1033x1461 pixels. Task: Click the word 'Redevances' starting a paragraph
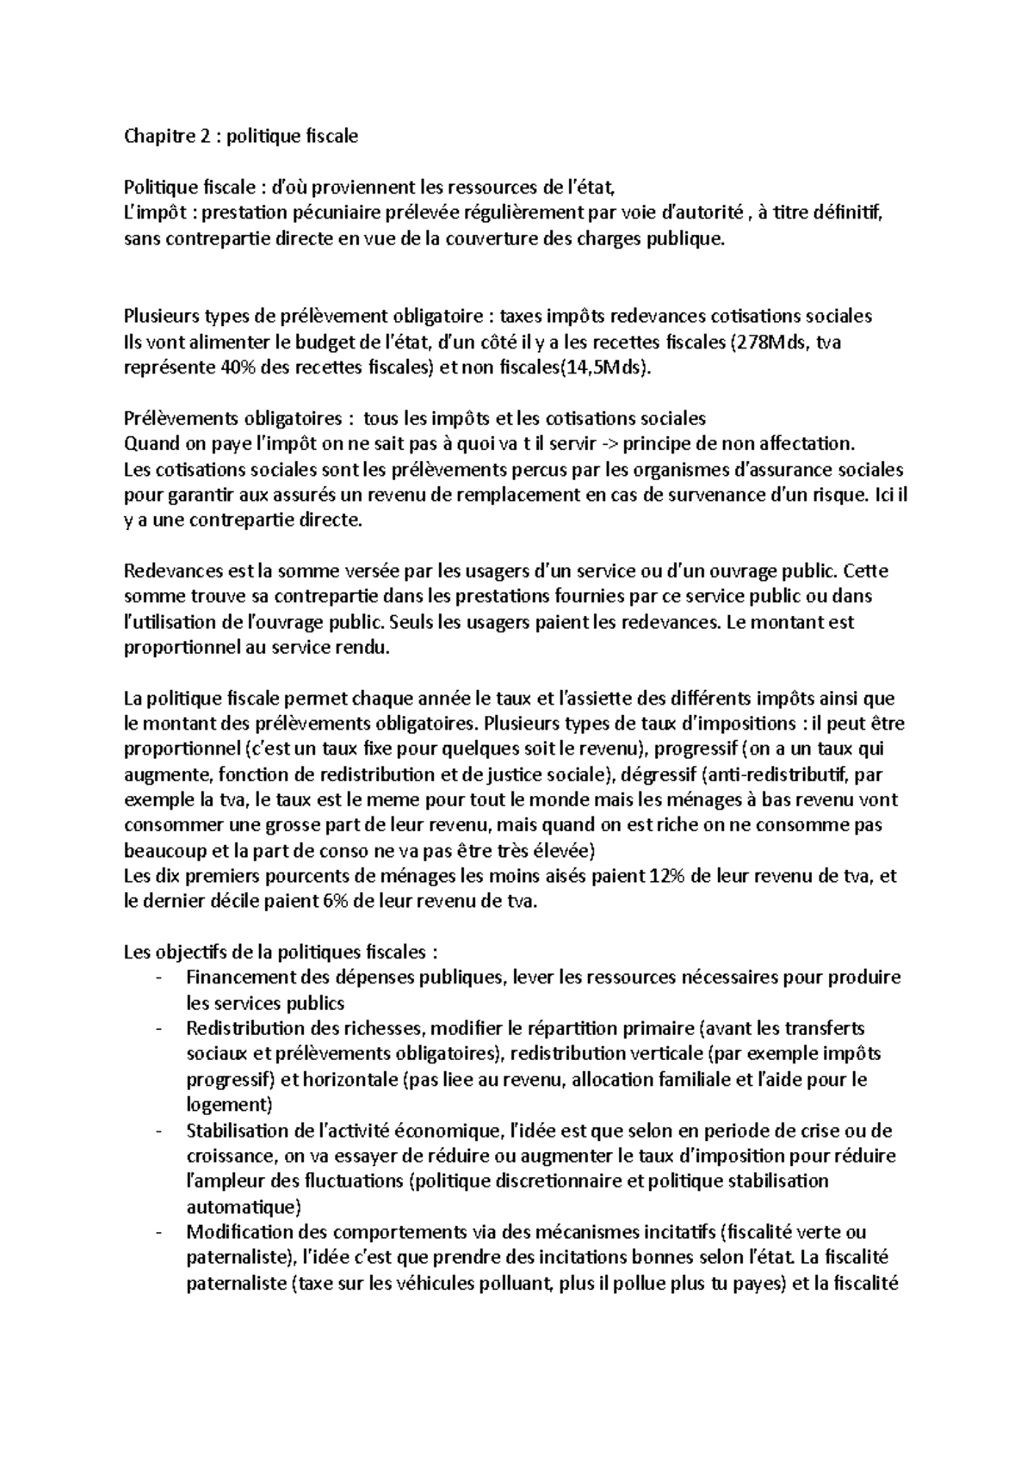pos(165,571)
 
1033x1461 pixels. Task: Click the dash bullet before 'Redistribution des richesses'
pos(158,1029)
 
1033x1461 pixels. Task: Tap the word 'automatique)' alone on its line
pos(244,1206)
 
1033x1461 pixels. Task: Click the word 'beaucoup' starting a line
pos(161,851)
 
